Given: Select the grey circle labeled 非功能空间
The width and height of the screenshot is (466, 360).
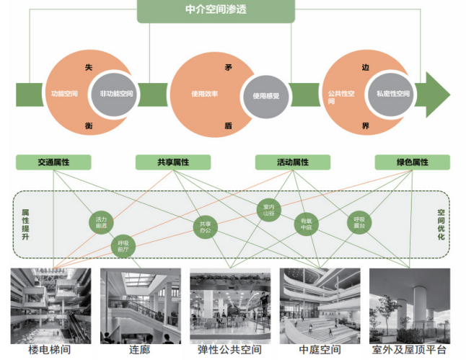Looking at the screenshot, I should pyautogui.click(x=117, y=94).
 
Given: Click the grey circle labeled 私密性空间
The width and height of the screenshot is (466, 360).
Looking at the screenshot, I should pyautogui.click(x=392, y=94).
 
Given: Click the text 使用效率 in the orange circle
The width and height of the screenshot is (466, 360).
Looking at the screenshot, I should pyautogui.click(x=204, y=94).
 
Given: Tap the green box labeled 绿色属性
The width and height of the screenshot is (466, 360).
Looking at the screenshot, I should pyautogui.click(x=412, y=162).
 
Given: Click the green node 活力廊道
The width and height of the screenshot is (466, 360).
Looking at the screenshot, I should pyautogui.click(x=101, y=221).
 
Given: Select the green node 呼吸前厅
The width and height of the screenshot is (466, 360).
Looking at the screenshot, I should pyautogui.click(x=125, y=246).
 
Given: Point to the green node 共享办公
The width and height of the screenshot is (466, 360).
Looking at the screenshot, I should pyautogui.click(x=206, y=227).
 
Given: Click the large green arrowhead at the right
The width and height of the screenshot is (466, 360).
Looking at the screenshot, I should pyautogui.click(x=436, y=94).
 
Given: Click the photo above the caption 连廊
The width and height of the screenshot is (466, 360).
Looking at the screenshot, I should pyautogui.click(x=140, y=305).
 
